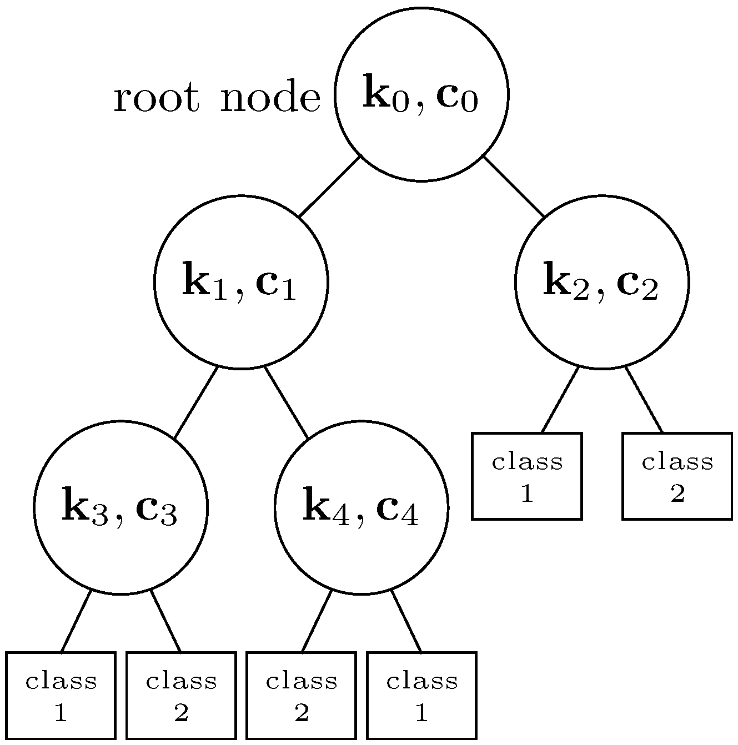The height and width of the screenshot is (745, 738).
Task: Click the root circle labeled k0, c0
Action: (421, 94)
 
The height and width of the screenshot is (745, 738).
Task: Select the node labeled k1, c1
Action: (240, 282)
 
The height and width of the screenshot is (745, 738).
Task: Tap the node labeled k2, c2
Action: (602, 282)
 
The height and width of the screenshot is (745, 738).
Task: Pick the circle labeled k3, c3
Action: (121, 507)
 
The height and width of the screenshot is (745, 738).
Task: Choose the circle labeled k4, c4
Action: (361, 507)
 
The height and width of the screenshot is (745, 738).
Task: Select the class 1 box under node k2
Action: (526, 476)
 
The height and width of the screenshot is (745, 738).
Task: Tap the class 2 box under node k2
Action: (677, 476)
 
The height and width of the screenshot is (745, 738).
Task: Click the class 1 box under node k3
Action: (61, 696)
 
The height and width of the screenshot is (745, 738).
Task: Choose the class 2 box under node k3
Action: (181, 696)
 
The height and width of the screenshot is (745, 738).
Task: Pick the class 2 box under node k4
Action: (301, 696)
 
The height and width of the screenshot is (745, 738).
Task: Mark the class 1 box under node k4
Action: (421, 696)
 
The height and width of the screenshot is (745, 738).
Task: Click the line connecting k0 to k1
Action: (330, 187)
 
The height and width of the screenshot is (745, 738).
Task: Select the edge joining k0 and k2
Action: (514, 187)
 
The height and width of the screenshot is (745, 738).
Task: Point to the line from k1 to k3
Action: (195, 403)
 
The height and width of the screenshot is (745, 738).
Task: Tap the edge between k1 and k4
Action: (286, 402)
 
